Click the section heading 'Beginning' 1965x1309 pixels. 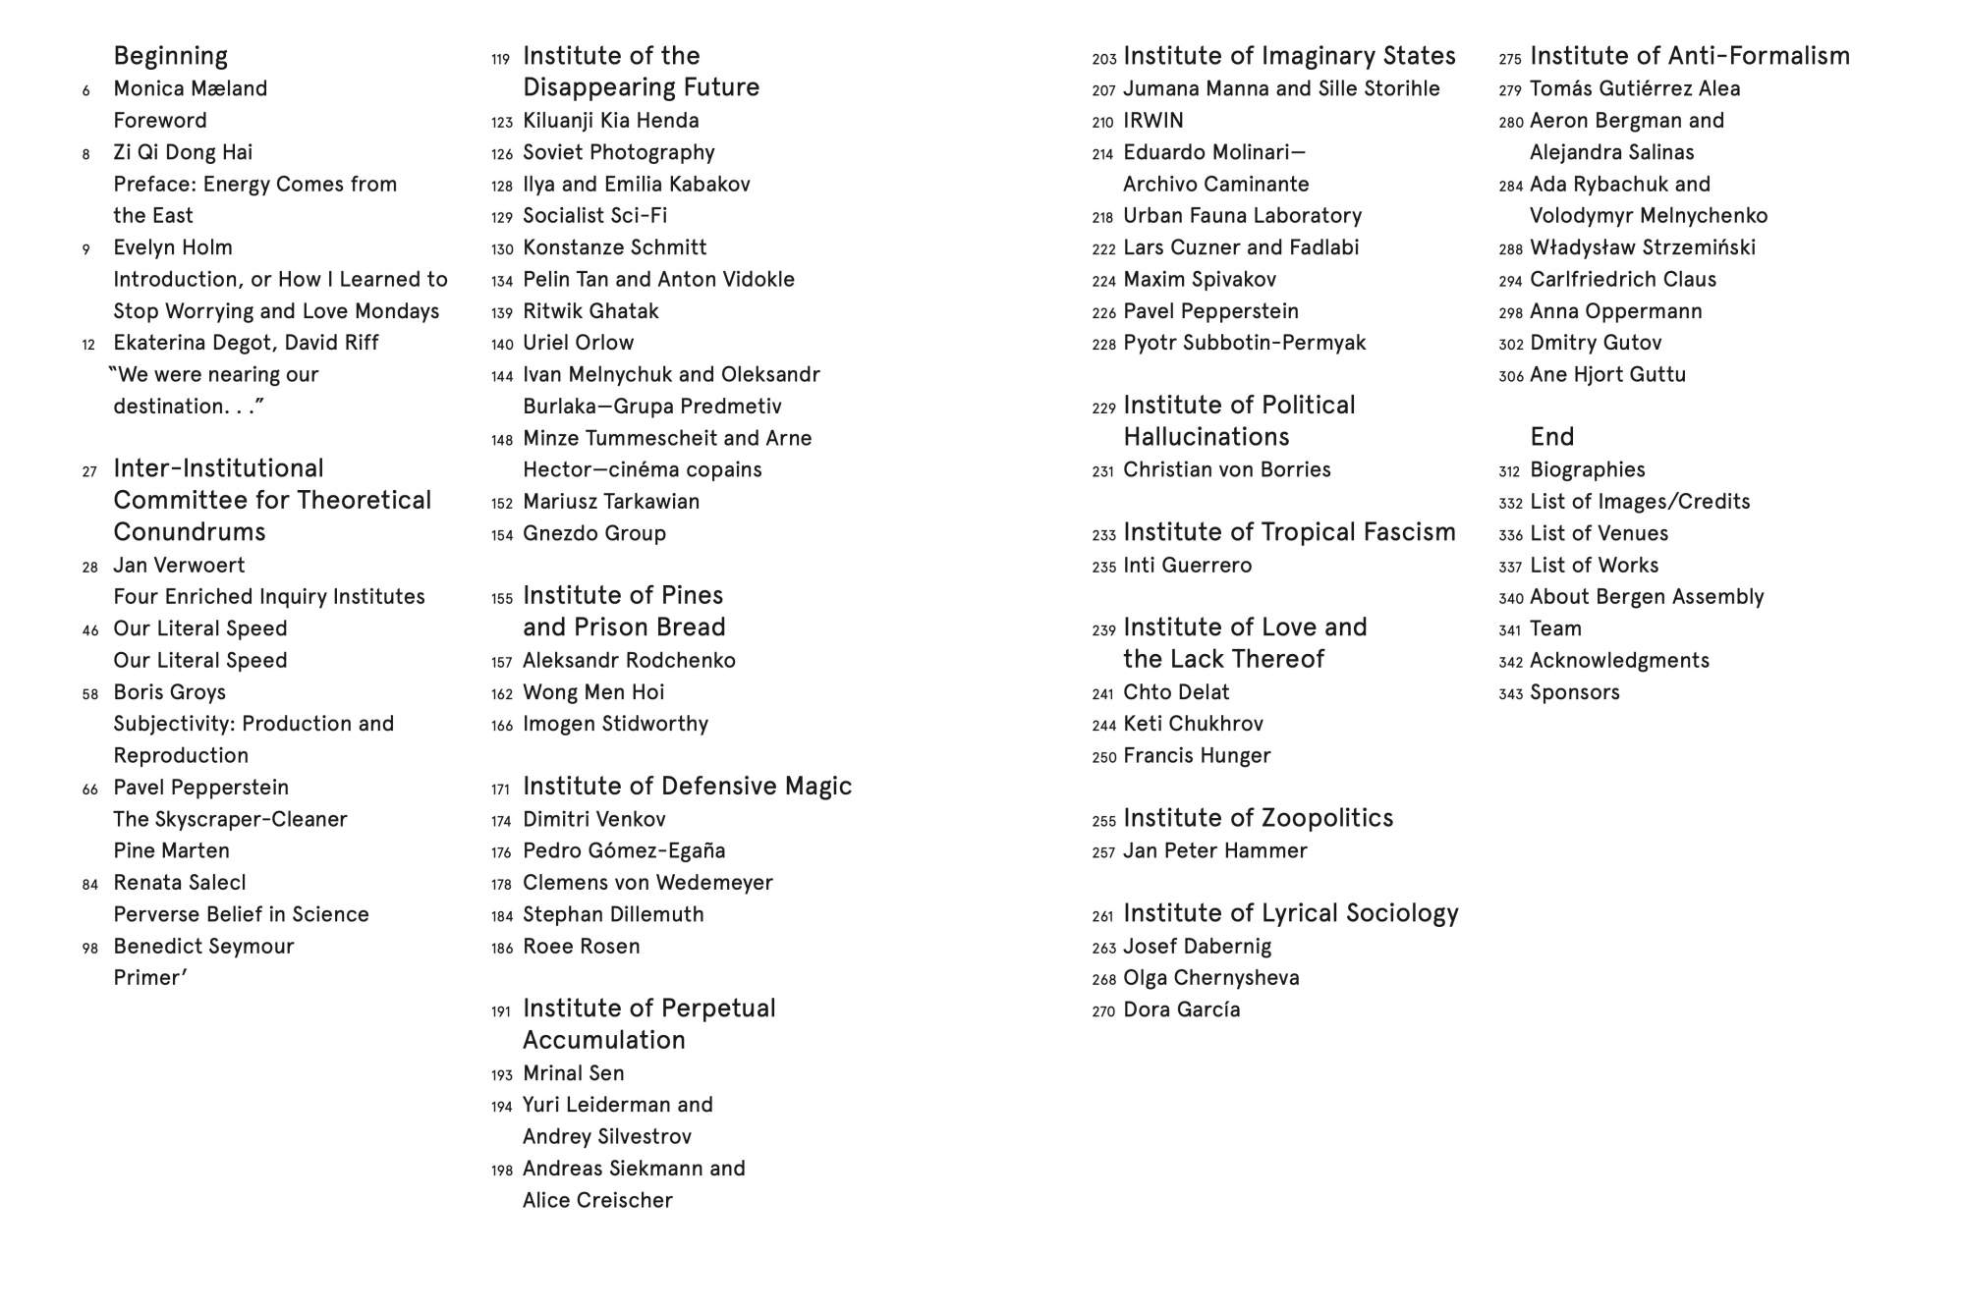pos(170,56)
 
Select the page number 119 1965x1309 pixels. pos(501,59)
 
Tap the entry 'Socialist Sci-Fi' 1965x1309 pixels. pos(594,216)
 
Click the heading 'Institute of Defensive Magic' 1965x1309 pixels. pos(687,787)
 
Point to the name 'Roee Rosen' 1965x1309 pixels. pos(581,947)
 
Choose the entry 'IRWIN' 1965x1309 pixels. pos(1152,121)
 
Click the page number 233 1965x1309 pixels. pos(1103,535)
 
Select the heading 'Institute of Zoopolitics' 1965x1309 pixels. pos(1258,818)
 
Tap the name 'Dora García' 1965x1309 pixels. pos(1181,1010)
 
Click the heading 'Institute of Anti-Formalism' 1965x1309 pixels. pos(1689,56)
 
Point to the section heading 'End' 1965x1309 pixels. pos(1551,437)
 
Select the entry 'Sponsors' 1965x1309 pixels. pos(1574,692)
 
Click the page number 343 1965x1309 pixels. pos(1510,695)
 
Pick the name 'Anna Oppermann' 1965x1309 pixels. pos(1615,311)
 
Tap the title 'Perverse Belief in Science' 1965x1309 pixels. pos(241,915)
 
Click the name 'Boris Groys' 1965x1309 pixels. pos(169,692)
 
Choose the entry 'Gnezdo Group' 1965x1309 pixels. pos(593,533)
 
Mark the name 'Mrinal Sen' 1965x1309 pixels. pos(573,1073)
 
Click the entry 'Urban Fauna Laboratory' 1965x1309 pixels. pos(1242,216)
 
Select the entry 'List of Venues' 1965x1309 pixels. pos(1599,533)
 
